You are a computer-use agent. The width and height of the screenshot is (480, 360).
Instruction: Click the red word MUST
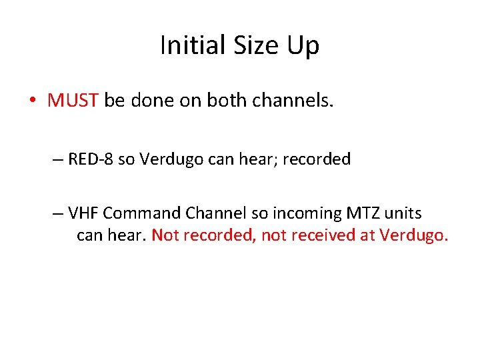[73, 101]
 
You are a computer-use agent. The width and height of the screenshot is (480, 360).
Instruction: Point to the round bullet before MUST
[33, 101]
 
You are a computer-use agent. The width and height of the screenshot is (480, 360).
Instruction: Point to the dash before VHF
[57, 213]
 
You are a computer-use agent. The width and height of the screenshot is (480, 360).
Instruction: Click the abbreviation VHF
[83, 213]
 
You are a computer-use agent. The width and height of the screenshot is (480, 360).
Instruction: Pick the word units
[399, 213]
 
